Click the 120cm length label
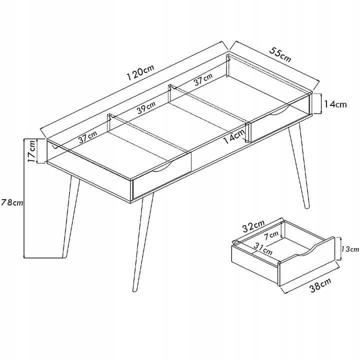click(x=140, y=72)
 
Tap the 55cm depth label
click(x=280, y=54)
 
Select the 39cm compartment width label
click(x=146, y=107)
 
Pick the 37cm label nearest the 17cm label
click(x=87, y=137)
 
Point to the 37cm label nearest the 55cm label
click(x=203, y=79)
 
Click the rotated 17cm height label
click(x=31, y=151)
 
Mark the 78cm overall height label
click(x=12, y=202)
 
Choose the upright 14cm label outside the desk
click(x=335, y=104)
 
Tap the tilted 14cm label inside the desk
click(x=233, y=136)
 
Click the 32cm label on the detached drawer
click(x=253, y=225)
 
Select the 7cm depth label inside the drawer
click(x=271, y=235)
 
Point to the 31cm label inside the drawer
click(x=263, y=248)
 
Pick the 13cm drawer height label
click(x=349, y=249)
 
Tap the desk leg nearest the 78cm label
click(x=70, y=216)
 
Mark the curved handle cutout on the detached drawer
click(x=307, y=252)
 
